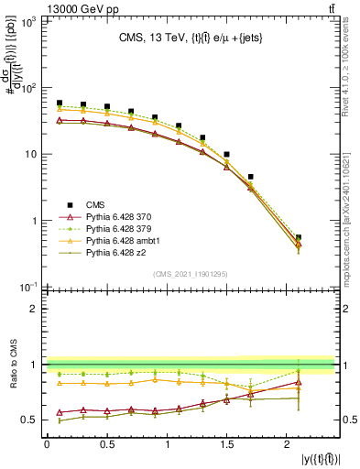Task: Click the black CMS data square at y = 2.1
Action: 299,237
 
